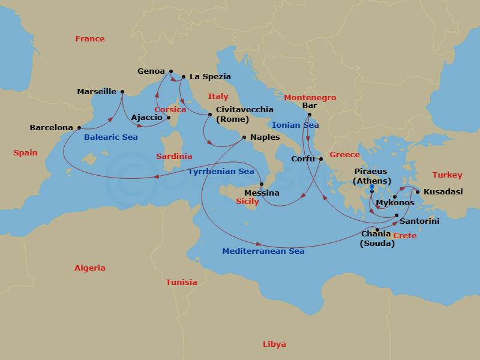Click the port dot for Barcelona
click(79, 128)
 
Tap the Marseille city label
click(97, 92)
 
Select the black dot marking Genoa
click(171, 71)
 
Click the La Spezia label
click(210, 77)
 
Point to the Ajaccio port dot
click(169, 118)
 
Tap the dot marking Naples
click(244, 137)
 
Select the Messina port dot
click(262, 184)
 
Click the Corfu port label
click(302, 159)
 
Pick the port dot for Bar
click(309, 114)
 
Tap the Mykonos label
click(395, 203)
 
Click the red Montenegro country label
click(310, 98)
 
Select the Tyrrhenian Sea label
click(221, 172)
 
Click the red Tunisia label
click(181, 282)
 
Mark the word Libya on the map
click(274, 344)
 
